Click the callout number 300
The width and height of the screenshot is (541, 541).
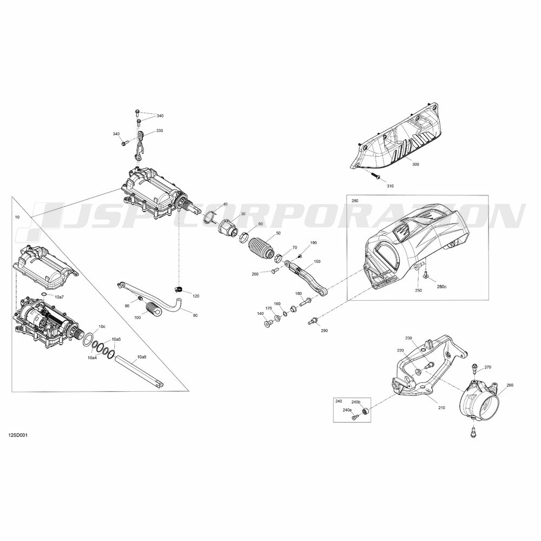click(415, 164)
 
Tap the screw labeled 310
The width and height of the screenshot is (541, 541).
click(375, 176)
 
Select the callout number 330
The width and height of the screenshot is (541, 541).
click(160, 130)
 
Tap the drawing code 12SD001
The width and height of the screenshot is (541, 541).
click(18, 435)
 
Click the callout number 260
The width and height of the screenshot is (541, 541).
click(510, 385)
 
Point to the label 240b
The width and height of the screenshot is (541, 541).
click(356, 402)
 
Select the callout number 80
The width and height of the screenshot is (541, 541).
click(195, 315)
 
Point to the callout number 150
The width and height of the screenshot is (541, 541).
click(317, 261)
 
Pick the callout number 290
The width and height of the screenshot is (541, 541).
click(324, 330)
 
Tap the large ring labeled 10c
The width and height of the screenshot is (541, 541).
click(89, 339)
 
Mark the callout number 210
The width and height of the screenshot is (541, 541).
click(441, 407)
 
